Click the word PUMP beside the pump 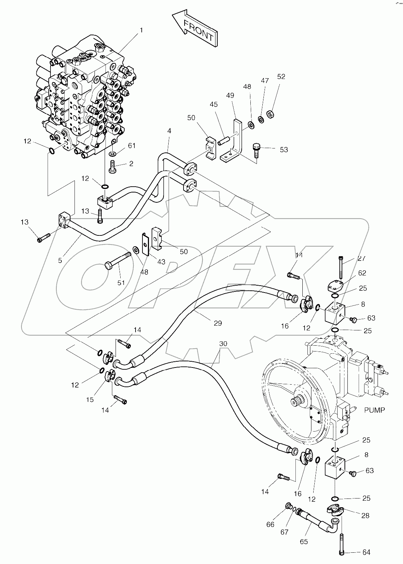pyautogui.click(x=374, y=410)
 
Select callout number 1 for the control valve pyautogui.click(x=141, y=30)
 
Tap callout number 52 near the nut pyautogui.click(x=281, y=77)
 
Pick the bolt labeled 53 pyautogui.click(x=256, y=149)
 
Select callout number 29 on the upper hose pyautogui.click(x=217, y=323)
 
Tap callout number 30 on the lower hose pyautogui.click(x=223, y=343)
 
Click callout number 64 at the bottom pyautogui.click(x=366, y=552)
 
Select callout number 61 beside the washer pyautogui.click(x=131, y=146)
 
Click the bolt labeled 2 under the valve pyautogui.click(x=112, y=167)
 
